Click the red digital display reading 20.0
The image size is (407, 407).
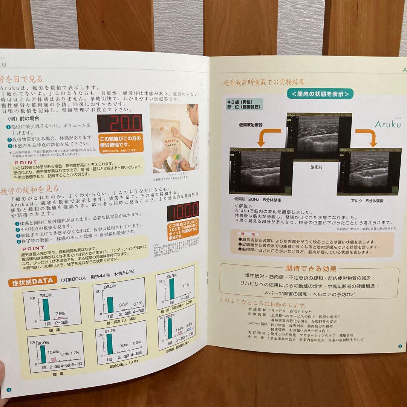(120, 123)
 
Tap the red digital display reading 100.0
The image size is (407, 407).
(183, 211)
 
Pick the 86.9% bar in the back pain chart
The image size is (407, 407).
(43, 354)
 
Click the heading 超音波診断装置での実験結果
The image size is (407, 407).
(264, 82)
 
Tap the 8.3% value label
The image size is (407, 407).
(189, 324)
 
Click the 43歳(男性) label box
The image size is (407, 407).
(245, 104)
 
